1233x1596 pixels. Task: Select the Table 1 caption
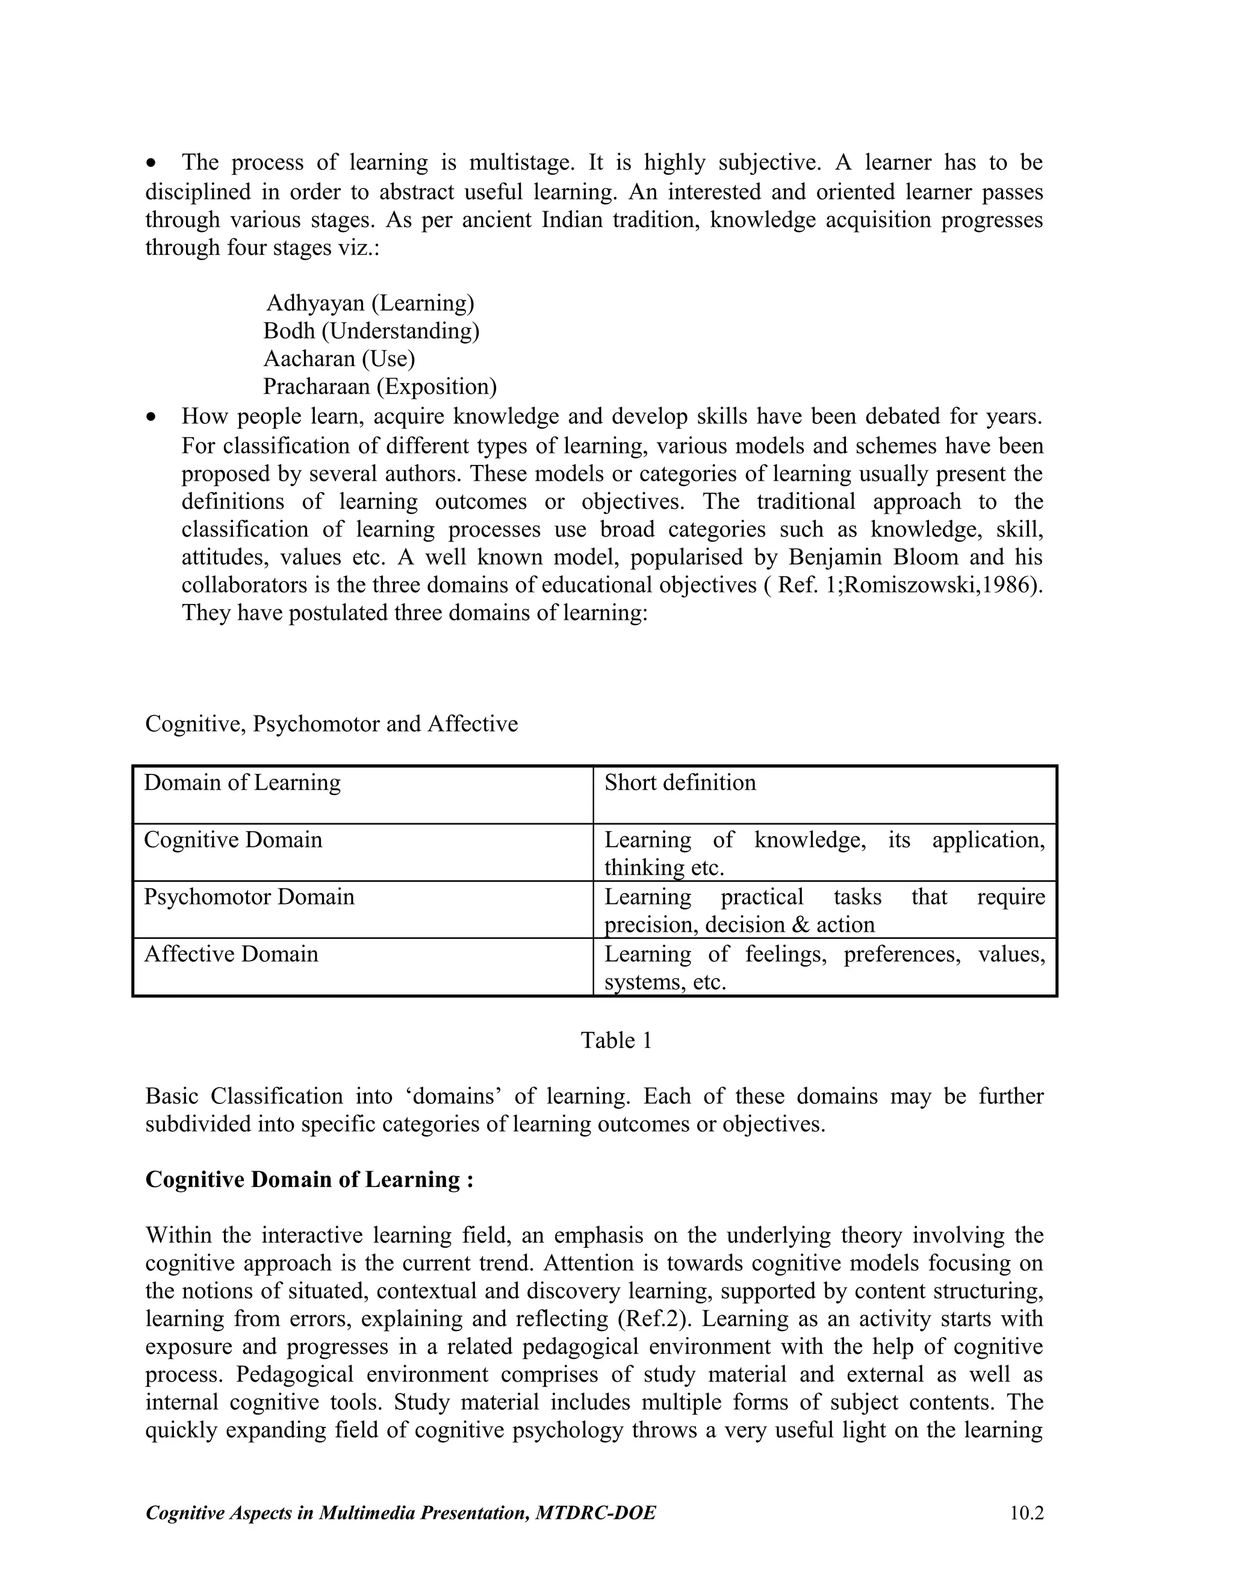616,1041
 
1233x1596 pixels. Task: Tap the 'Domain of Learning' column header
242,783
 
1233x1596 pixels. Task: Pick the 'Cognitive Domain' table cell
232,840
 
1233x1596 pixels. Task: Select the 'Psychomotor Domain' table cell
249,897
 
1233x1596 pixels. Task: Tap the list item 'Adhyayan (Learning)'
370,302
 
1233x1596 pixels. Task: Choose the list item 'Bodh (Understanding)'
371,331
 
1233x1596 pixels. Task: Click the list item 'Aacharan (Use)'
339,359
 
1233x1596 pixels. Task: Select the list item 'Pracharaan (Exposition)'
380,387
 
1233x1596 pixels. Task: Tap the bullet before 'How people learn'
151,417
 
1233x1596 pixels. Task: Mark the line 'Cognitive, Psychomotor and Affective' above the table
332,724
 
